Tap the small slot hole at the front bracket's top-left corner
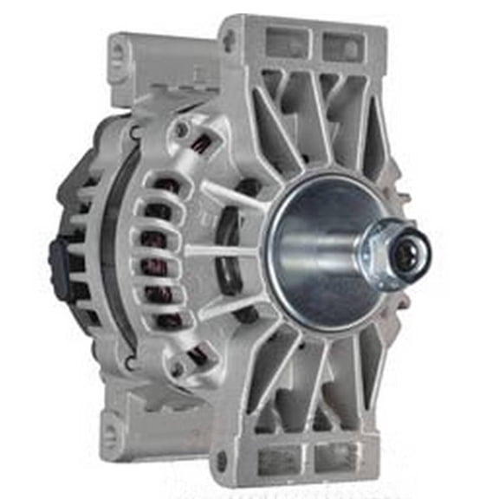pos(228,37)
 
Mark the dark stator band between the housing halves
pos(113,251)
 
